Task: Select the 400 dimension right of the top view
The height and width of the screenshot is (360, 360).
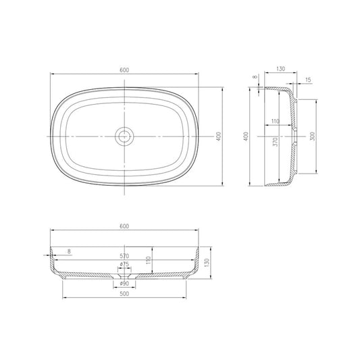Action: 219,136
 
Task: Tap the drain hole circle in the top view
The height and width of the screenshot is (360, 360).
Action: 124,136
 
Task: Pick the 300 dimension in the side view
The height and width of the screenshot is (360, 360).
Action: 311,136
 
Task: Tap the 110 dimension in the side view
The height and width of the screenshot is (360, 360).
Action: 275,121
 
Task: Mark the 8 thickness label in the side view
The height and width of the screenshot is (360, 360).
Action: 256,78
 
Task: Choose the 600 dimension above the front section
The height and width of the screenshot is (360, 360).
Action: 124,226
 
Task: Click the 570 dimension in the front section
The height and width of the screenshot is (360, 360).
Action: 124,256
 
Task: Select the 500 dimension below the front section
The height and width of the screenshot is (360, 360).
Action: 124,294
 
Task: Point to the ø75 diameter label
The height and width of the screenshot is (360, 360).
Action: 124,264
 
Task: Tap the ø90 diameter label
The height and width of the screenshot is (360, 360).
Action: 124,283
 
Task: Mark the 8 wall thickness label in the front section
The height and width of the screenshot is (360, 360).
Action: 69,252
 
